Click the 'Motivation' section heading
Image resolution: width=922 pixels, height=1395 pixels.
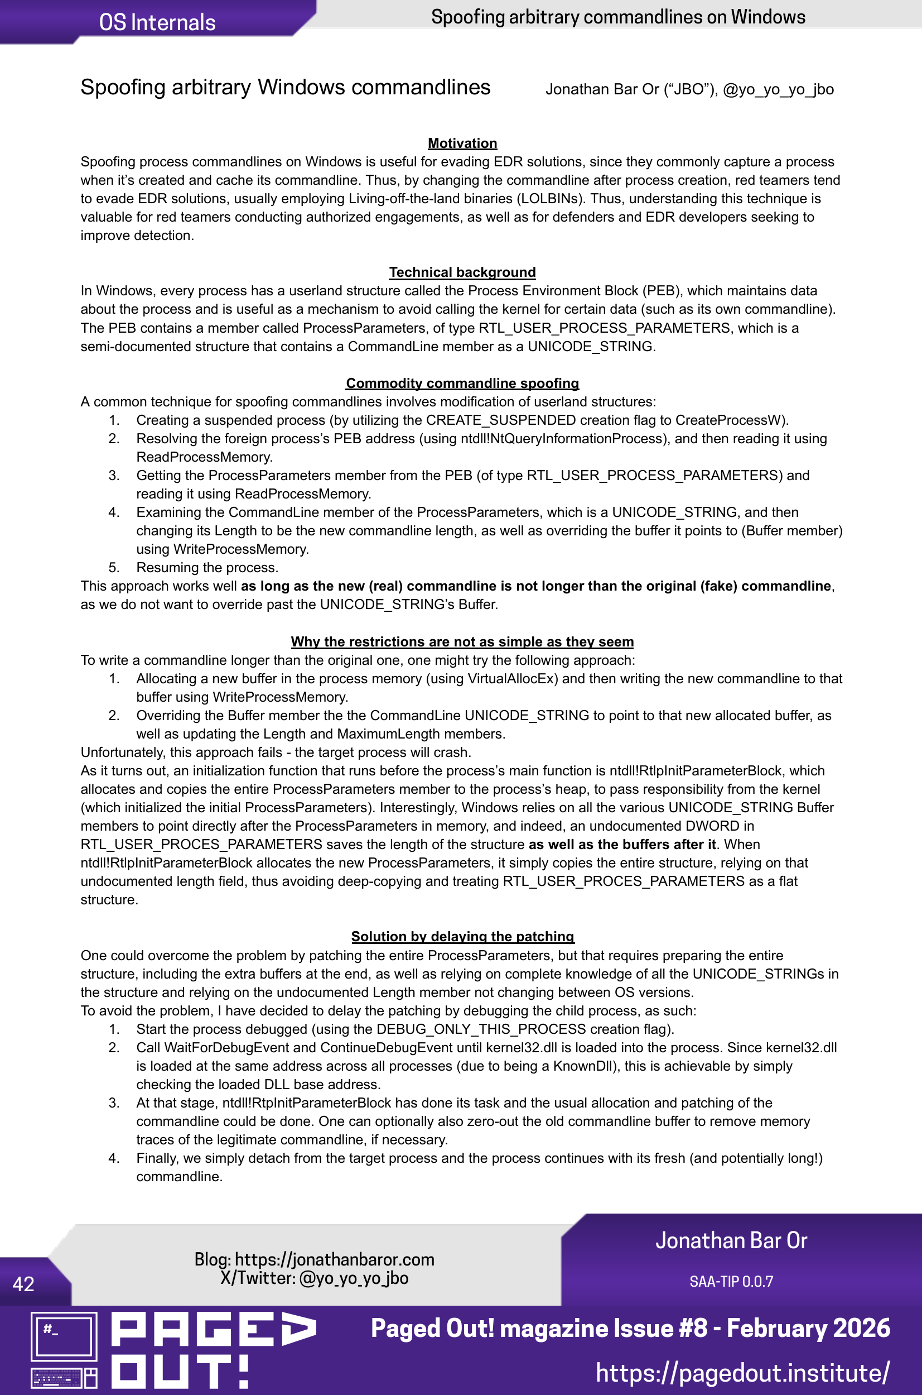pyautogui.click(x=462, y=143)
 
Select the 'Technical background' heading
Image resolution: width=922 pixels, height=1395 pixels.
pyautogui.click(x=462, y=272)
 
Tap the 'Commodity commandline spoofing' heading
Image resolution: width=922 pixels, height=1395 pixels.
pyautogui.click(x=462, y=383)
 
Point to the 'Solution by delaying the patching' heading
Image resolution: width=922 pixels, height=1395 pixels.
pyautogui.click(x=462, y=936)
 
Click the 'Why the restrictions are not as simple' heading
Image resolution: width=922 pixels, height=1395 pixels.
pyautogui.click(x=462, y=641)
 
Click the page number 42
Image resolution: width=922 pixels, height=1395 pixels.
pyautogui.click(x=23, y=1283)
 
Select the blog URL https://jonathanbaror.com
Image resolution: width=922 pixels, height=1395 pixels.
pyautogui.click(x=335, y=1259)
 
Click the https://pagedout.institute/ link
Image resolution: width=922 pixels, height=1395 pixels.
pyautogui.click(x=742, y=1372)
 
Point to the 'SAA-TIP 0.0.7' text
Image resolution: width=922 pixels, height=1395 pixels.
pyautogui.click(x=731, y=1281)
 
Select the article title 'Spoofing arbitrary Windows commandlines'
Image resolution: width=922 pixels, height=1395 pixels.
pyautogui.click(x=285, y=87)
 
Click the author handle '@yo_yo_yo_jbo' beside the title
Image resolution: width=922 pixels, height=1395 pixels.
pyautogui.click(x=778, y=89)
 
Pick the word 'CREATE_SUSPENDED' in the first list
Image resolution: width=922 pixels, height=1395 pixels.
pyautogui.click(x=500, y=420)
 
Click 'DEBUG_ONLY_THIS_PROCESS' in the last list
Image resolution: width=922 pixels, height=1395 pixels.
pyautogui.click(x=481, y=1029)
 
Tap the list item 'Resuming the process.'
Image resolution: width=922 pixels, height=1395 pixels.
pyautogui.click(x=207, y=567)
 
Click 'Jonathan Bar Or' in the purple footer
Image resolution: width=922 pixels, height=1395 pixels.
pyautogui.click(x=731, y=1240)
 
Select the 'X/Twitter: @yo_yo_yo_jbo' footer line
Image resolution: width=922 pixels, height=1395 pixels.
pyautogui.click(x=314, y=1278)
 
